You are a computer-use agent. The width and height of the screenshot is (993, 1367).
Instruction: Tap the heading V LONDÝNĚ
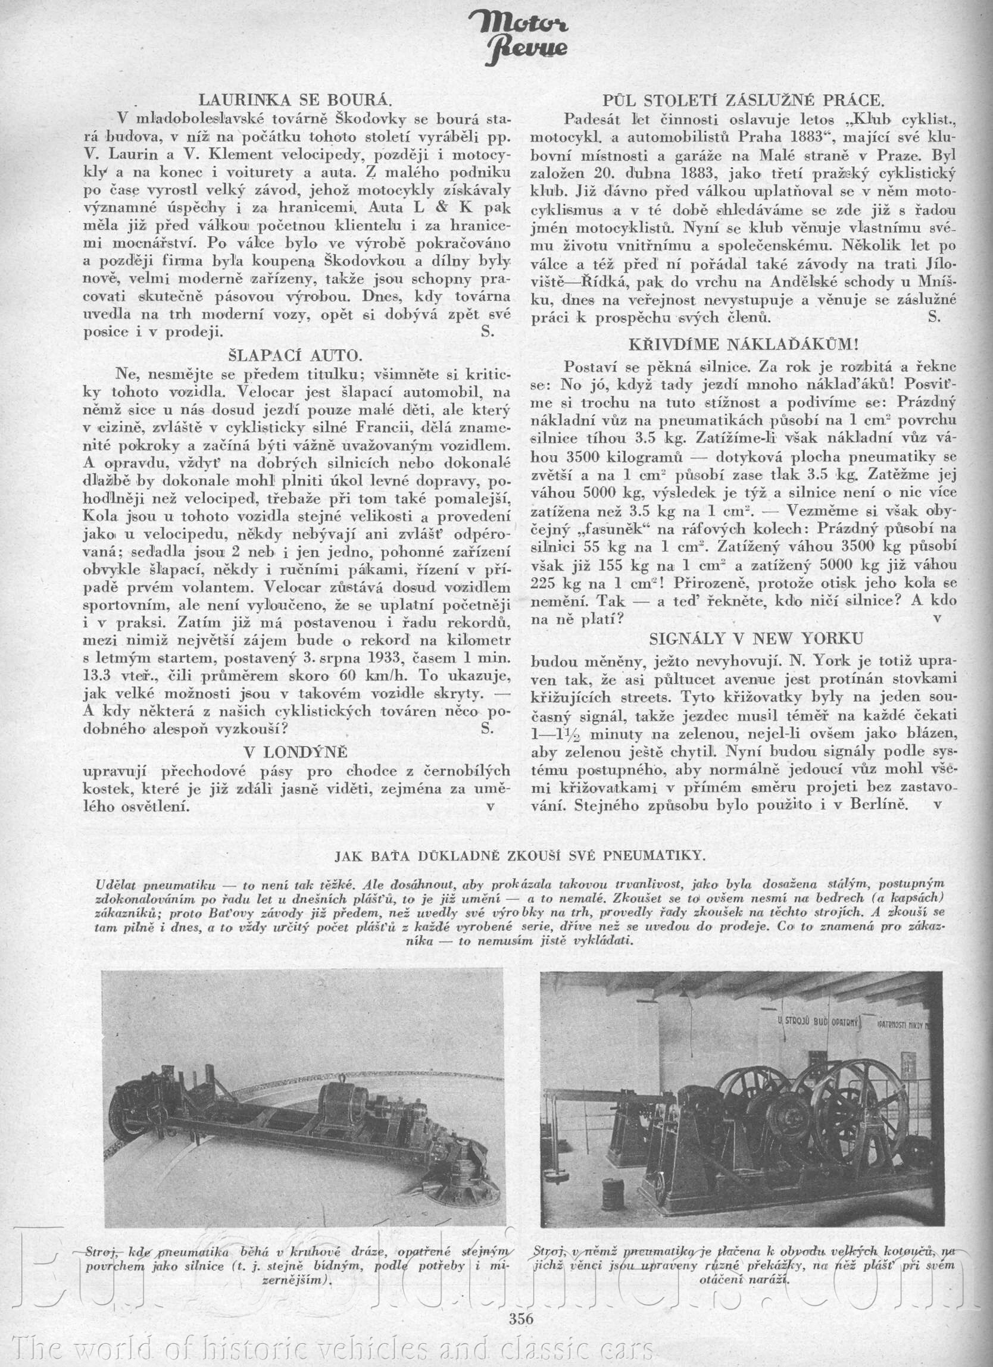(295, 753)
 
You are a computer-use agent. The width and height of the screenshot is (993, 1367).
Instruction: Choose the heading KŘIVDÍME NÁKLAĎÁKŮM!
(743, 344)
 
